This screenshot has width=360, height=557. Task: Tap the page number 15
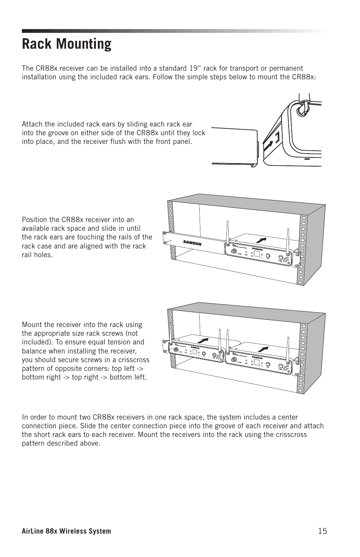tap(322, 531)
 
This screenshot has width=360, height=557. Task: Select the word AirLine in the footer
tap(33, 531)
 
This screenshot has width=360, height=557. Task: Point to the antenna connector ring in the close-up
tap(302, 110)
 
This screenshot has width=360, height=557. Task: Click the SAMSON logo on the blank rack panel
tap(192, 243)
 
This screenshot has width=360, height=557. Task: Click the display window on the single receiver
tap(257, 255)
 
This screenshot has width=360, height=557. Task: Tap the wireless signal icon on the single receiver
tap(287, 260)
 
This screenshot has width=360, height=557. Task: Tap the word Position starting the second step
tap(34, 220)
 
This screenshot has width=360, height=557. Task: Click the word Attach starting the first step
tap(32, 124)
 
